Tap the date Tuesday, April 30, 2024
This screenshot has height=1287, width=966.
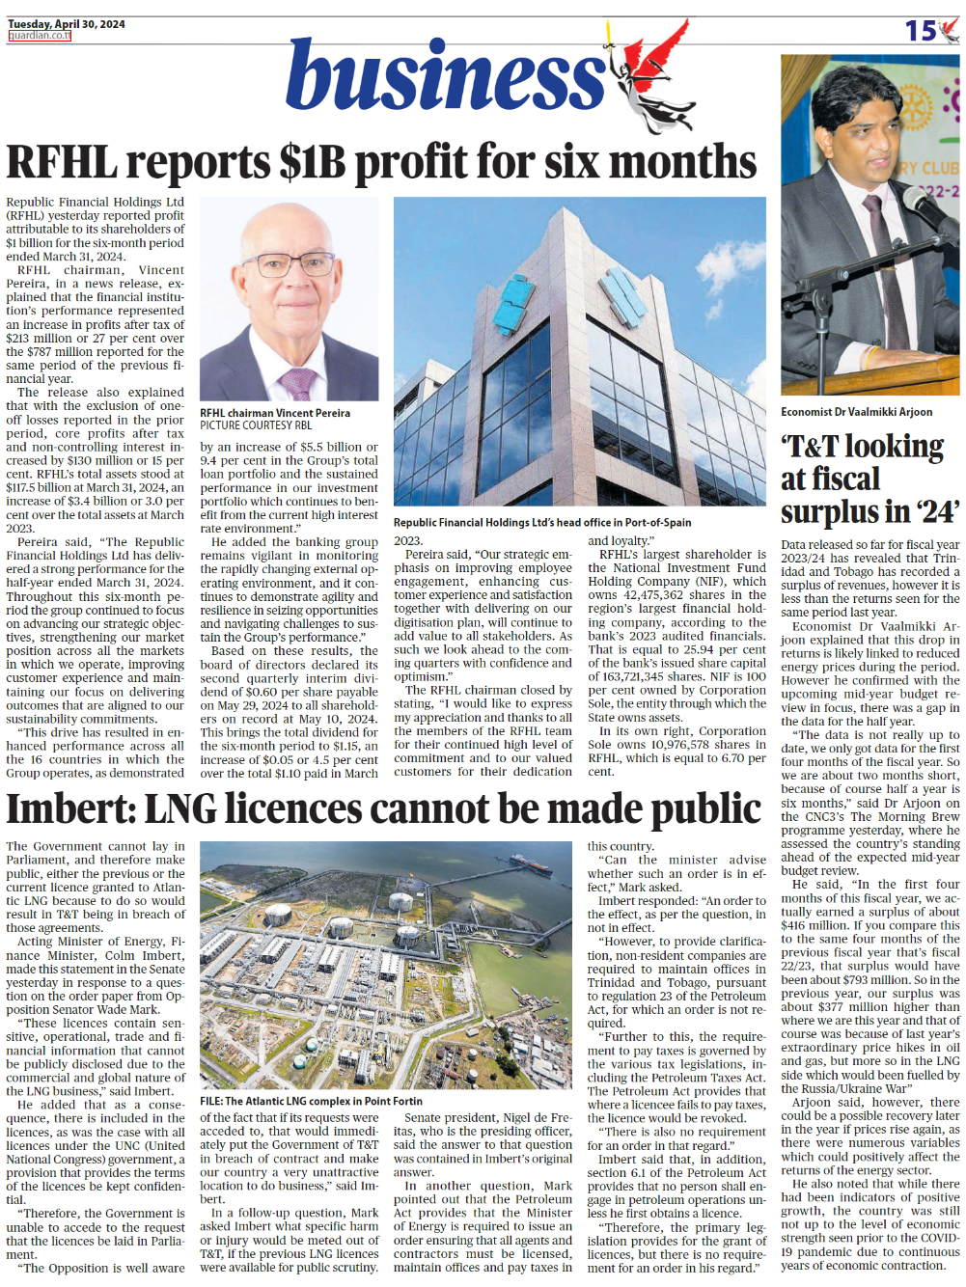click(x=66, y=24)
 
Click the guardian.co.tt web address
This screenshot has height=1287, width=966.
click(x=40, y=36)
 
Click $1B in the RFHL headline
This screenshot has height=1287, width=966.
click(x=312, y=162)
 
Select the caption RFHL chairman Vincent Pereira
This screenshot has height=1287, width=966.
click(x=275, y=413)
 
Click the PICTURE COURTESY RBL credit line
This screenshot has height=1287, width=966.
click(x=256, y=425)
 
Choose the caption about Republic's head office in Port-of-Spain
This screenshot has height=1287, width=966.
click(x=542, y=522)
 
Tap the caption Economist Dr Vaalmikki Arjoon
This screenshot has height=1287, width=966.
click(x=857, y=412)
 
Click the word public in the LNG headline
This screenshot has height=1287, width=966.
click(x=703, y=808)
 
